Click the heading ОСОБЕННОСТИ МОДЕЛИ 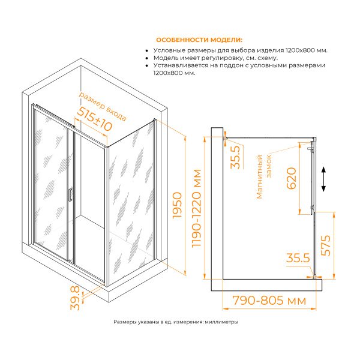[199, 40]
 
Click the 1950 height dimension [177, 205]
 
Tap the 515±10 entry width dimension [94, 119]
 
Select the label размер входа [103, 107]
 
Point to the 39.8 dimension [75, 298]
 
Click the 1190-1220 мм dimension [197, 208]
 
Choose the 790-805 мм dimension [269, 301]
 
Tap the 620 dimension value [292, 178]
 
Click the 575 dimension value [326, 245]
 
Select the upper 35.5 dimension [235, 157]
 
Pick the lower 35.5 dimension [298, 258]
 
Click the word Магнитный [259, 176]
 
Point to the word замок [269, 166]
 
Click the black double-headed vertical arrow [323, 179]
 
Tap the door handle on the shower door [70, 194]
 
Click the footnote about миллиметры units [176, 322]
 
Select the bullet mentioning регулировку [215, 58]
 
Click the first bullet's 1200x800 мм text [306, 50]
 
